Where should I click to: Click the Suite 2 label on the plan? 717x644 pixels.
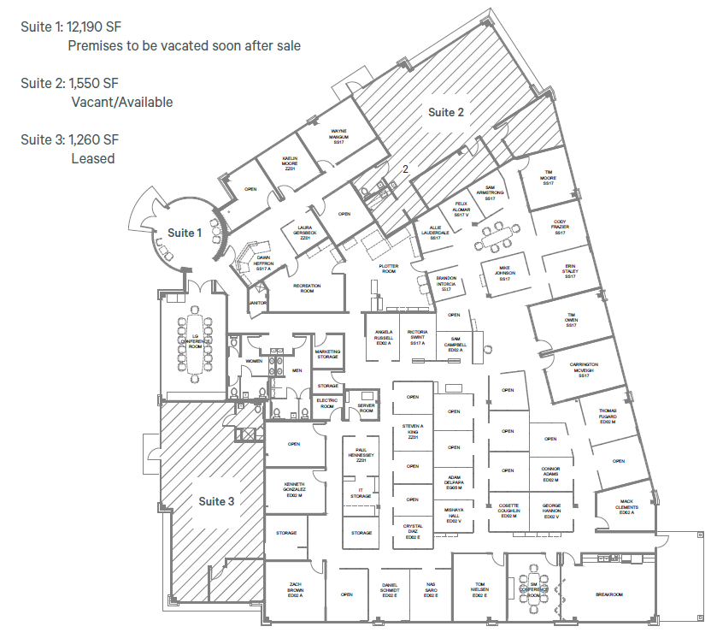446,112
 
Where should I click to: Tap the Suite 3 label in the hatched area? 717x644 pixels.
216,501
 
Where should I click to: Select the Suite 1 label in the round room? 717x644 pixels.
184,233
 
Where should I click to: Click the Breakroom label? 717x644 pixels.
609,594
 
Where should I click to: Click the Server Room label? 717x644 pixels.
366,407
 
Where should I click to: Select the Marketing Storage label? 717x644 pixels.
327,354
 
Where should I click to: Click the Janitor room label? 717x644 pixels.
258,303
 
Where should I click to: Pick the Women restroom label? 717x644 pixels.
254,361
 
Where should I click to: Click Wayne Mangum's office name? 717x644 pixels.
338,136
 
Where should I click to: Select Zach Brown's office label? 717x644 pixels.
295,590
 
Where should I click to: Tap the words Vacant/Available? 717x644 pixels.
122,103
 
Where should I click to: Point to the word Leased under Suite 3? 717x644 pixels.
93,158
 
